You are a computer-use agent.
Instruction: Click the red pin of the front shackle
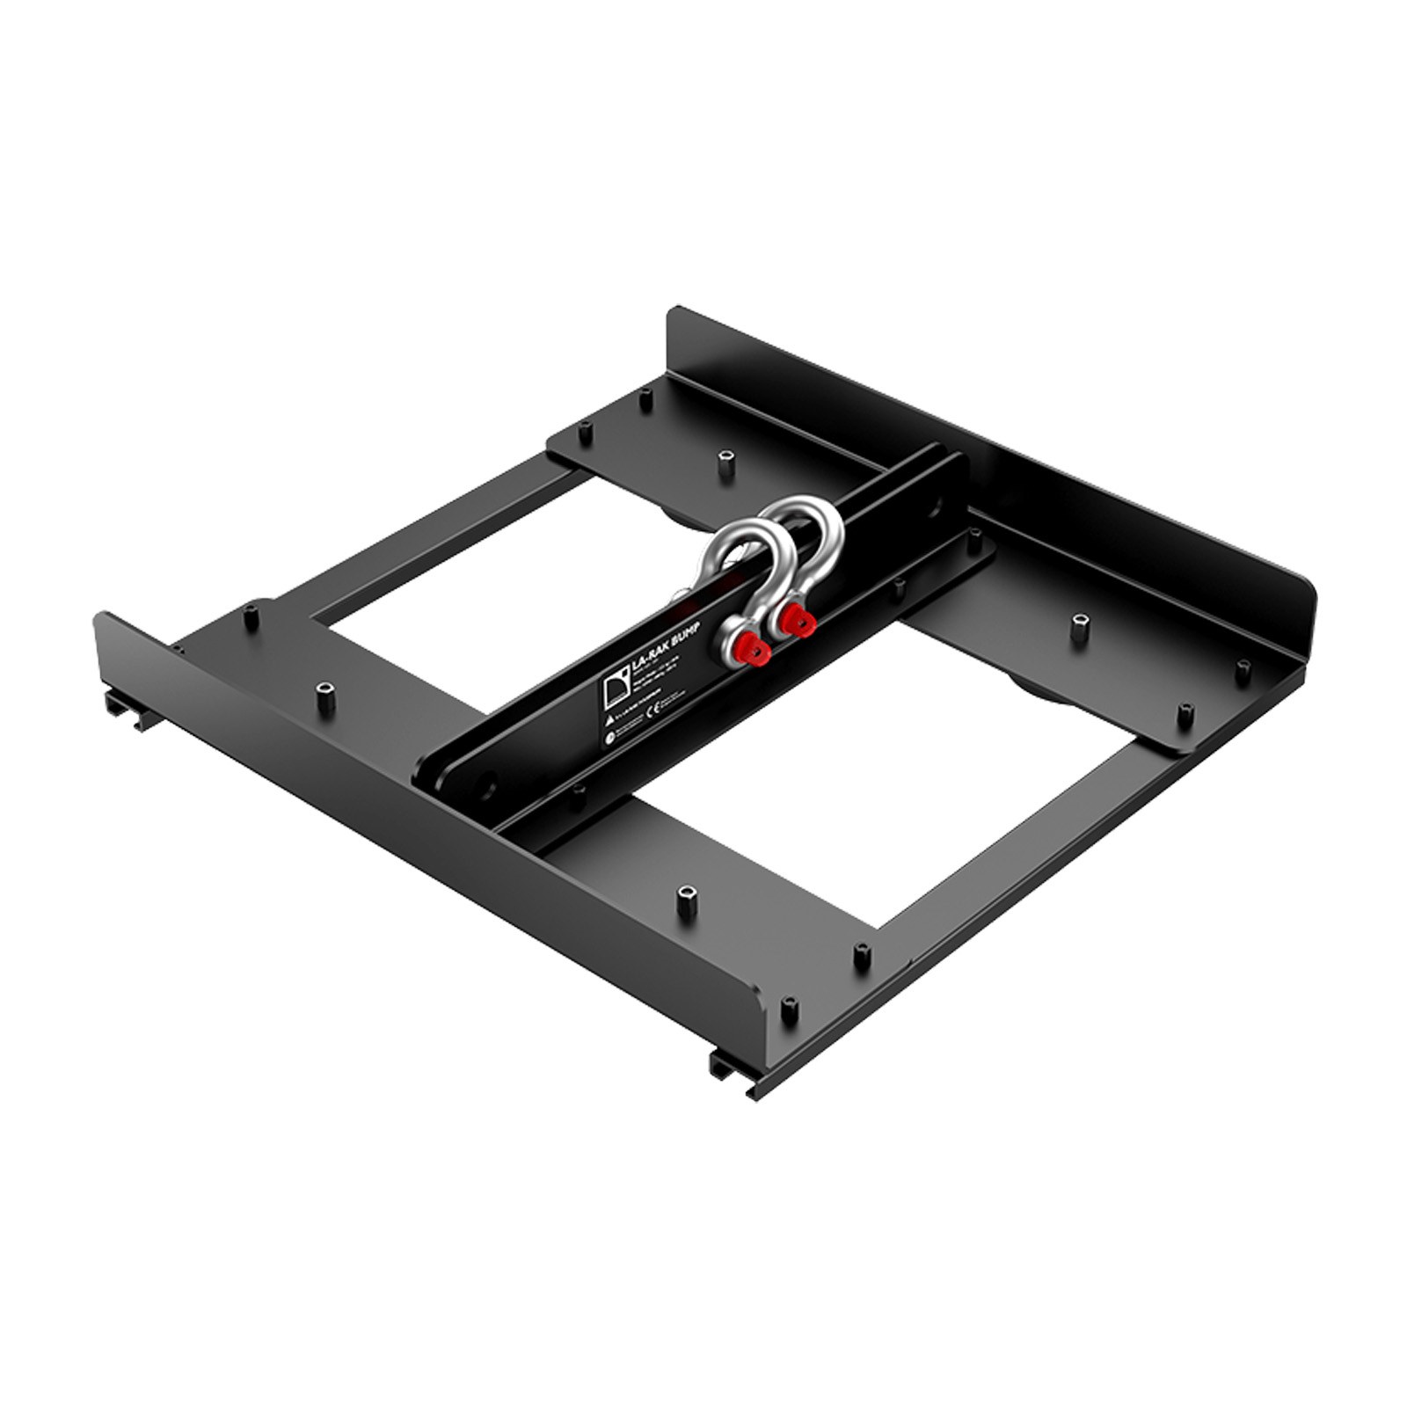757,653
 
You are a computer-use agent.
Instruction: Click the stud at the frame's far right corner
1243,666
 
